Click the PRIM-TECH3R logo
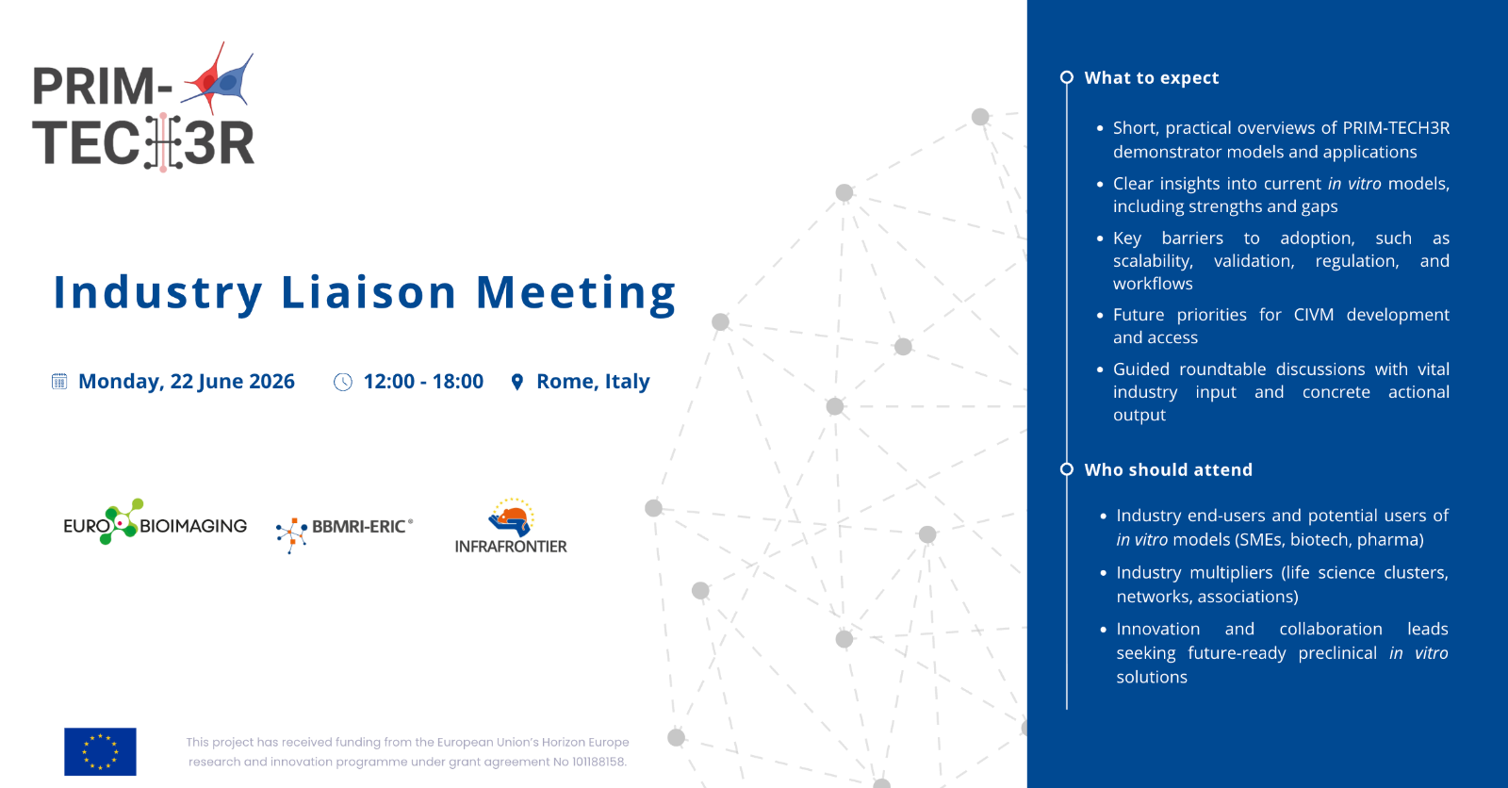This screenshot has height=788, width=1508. (x=143, y=107)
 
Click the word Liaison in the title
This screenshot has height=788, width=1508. (x=369, y=292)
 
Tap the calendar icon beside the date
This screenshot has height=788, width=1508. (x=59, y=381)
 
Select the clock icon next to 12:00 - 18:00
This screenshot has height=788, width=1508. (x=343, y=382)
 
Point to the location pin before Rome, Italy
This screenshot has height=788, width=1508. (x=517, y=382)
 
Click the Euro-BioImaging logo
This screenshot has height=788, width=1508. (x=155, y=522)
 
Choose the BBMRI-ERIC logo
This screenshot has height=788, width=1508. (x=344, y=534)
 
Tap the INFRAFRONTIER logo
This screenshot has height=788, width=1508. (x=511, y=526)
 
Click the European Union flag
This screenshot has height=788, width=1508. (x=100, y=751)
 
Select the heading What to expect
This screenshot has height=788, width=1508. (x=1151, y=78)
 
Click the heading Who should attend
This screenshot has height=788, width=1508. (x=1168, y=469)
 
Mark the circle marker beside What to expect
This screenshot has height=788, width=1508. (x=1066, y=77)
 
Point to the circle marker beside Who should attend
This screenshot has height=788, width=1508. (x=1066, y=469)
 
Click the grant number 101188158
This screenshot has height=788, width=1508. (x=598, y=762)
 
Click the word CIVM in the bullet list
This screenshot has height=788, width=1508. (x=1314, y=315)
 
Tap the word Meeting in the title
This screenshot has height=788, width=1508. (x=576, y=294)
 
